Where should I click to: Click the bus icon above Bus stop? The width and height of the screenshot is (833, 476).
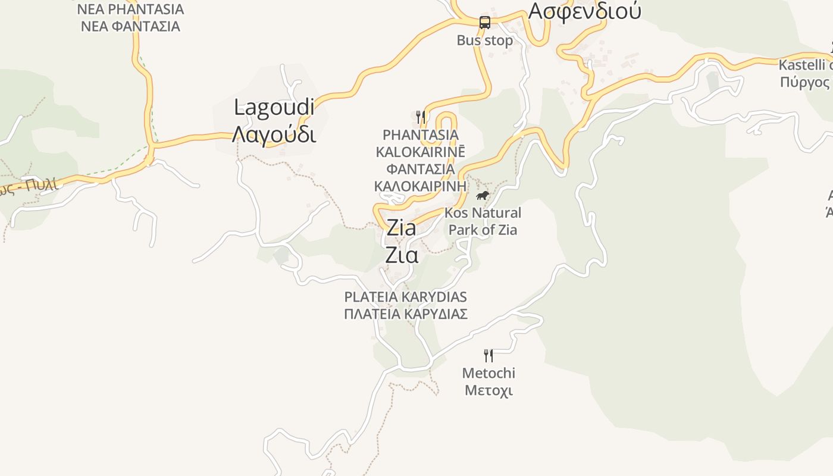coord(485,23)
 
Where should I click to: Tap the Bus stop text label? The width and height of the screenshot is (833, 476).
coord(484,40)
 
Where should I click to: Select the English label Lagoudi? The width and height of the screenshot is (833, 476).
coord(274,108)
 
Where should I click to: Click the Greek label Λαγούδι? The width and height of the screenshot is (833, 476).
coord(274,134)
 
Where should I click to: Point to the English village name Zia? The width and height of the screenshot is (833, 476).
coord(401,228)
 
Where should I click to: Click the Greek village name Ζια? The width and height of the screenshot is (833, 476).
coord(401,255)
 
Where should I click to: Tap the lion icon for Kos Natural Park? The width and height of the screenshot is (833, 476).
coord(482,195)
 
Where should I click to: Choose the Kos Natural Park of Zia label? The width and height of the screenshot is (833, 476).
coord(483,221)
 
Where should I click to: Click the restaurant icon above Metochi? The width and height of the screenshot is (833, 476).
coord(488,356)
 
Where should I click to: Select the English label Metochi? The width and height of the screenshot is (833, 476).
coord(488,373)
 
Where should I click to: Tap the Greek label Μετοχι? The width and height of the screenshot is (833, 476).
coord(488,390)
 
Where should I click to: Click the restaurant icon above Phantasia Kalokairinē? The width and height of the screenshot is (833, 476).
coord(421,117)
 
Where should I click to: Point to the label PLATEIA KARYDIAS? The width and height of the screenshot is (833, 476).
coord(405,297)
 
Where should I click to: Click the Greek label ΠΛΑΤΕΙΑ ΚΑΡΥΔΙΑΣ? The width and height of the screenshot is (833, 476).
coord(405,314)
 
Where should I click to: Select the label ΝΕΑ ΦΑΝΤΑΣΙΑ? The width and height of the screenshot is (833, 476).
coord(130,26)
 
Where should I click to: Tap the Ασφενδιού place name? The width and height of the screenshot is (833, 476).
coord(584,11)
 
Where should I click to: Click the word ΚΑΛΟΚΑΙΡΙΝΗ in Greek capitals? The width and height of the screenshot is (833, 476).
coord(420,186)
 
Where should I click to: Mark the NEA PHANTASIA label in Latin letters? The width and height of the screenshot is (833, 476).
coord(130,10)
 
